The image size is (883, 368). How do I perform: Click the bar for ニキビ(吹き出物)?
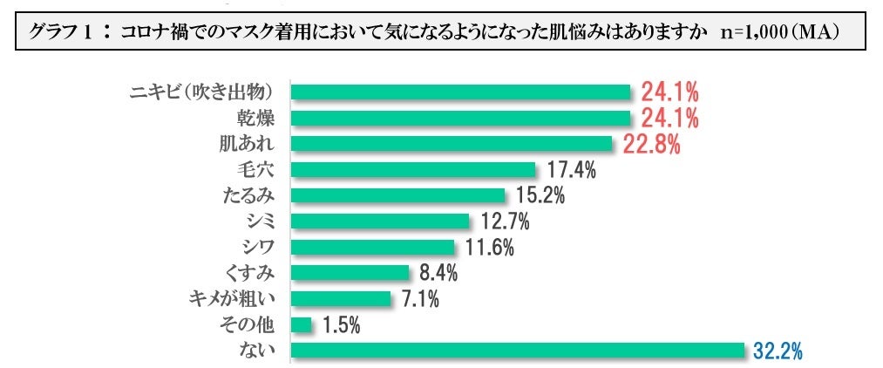coord(459,92)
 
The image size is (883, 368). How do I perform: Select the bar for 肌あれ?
coord(451,143)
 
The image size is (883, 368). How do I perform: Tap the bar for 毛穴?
coord(412,169)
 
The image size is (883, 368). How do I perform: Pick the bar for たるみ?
coord(397,195)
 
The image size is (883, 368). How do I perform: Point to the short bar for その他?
coord(301,324)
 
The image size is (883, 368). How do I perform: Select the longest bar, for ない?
coord(518,351)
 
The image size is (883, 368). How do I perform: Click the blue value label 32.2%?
coord(776,351)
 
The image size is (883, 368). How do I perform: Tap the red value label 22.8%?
coord(651,144)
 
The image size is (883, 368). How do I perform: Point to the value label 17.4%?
coord(571,170)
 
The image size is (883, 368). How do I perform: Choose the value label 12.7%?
coord(505,221)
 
